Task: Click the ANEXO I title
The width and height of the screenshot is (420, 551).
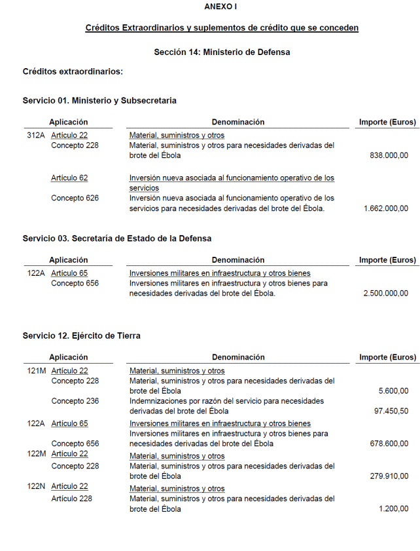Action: click(x=220, y=7)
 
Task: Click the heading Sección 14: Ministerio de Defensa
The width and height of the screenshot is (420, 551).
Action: click(x=222, y=52)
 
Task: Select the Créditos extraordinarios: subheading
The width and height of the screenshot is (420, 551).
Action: click(x=73, y=71)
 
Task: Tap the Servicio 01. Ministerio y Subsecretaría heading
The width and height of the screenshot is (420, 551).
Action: click(x=99, y=100)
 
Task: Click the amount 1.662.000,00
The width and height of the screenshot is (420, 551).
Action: click(x=386, y=208)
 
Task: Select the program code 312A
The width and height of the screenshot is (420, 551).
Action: click(x=36, y=136)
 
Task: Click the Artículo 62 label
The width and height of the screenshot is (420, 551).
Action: click(x=69, y=178)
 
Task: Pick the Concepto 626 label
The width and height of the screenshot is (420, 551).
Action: click(x=75, y=198)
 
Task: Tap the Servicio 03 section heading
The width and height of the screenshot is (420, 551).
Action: click(x=117, y=238)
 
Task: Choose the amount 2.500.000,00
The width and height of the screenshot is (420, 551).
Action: click(x=386, y=294)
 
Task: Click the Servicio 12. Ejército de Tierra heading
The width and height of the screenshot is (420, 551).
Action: click(x=81, y=335)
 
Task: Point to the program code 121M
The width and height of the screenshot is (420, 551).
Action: click(x=37, y=371)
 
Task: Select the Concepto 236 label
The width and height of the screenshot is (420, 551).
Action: click(x=75, y=401)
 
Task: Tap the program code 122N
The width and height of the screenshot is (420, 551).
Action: click(x=36, y=486)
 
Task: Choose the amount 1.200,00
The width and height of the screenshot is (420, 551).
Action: click(x=394, y=509)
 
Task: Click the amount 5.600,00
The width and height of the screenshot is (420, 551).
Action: click(x=394, y=391)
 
